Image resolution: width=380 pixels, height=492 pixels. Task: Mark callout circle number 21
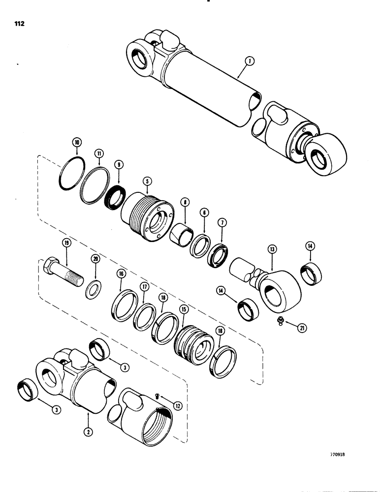300,326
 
